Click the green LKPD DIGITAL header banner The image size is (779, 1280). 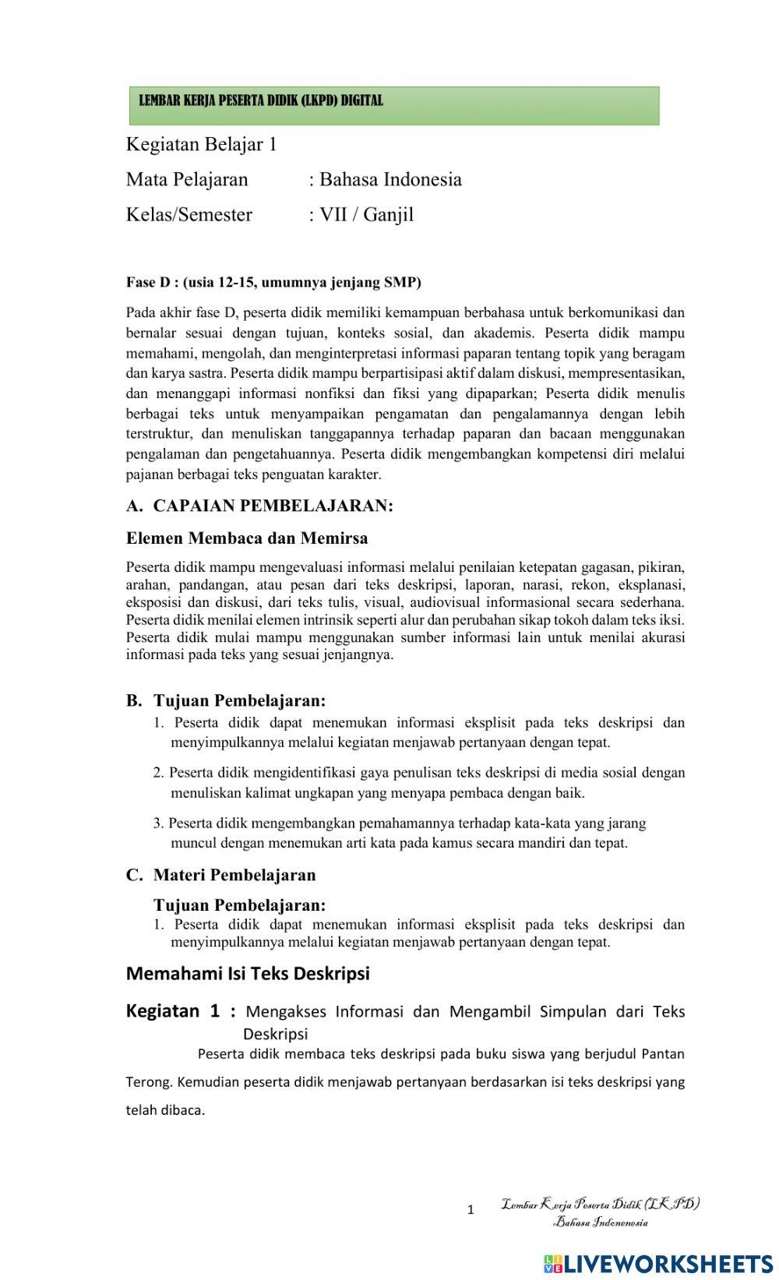point(393,105)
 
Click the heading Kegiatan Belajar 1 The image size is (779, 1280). point(201,145)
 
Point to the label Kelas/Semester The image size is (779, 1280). point(189,215)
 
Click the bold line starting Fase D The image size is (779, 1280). point(273,282)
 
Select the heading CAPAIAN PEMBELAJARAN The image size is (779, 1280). point(273,506)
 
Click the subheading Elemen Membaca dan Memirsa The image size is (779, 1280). point(247,538)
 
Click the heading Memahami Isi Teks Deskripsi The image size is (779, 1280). point(248,974)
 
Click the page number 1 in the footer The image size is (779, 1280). point(471,1210)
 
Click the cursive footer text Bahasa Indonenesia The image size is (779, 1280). point(601,1222)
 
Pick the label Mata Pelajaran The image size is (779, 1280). point(187,180)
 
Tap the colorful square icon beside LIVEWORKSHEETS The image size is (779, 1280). point(553,1263)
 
